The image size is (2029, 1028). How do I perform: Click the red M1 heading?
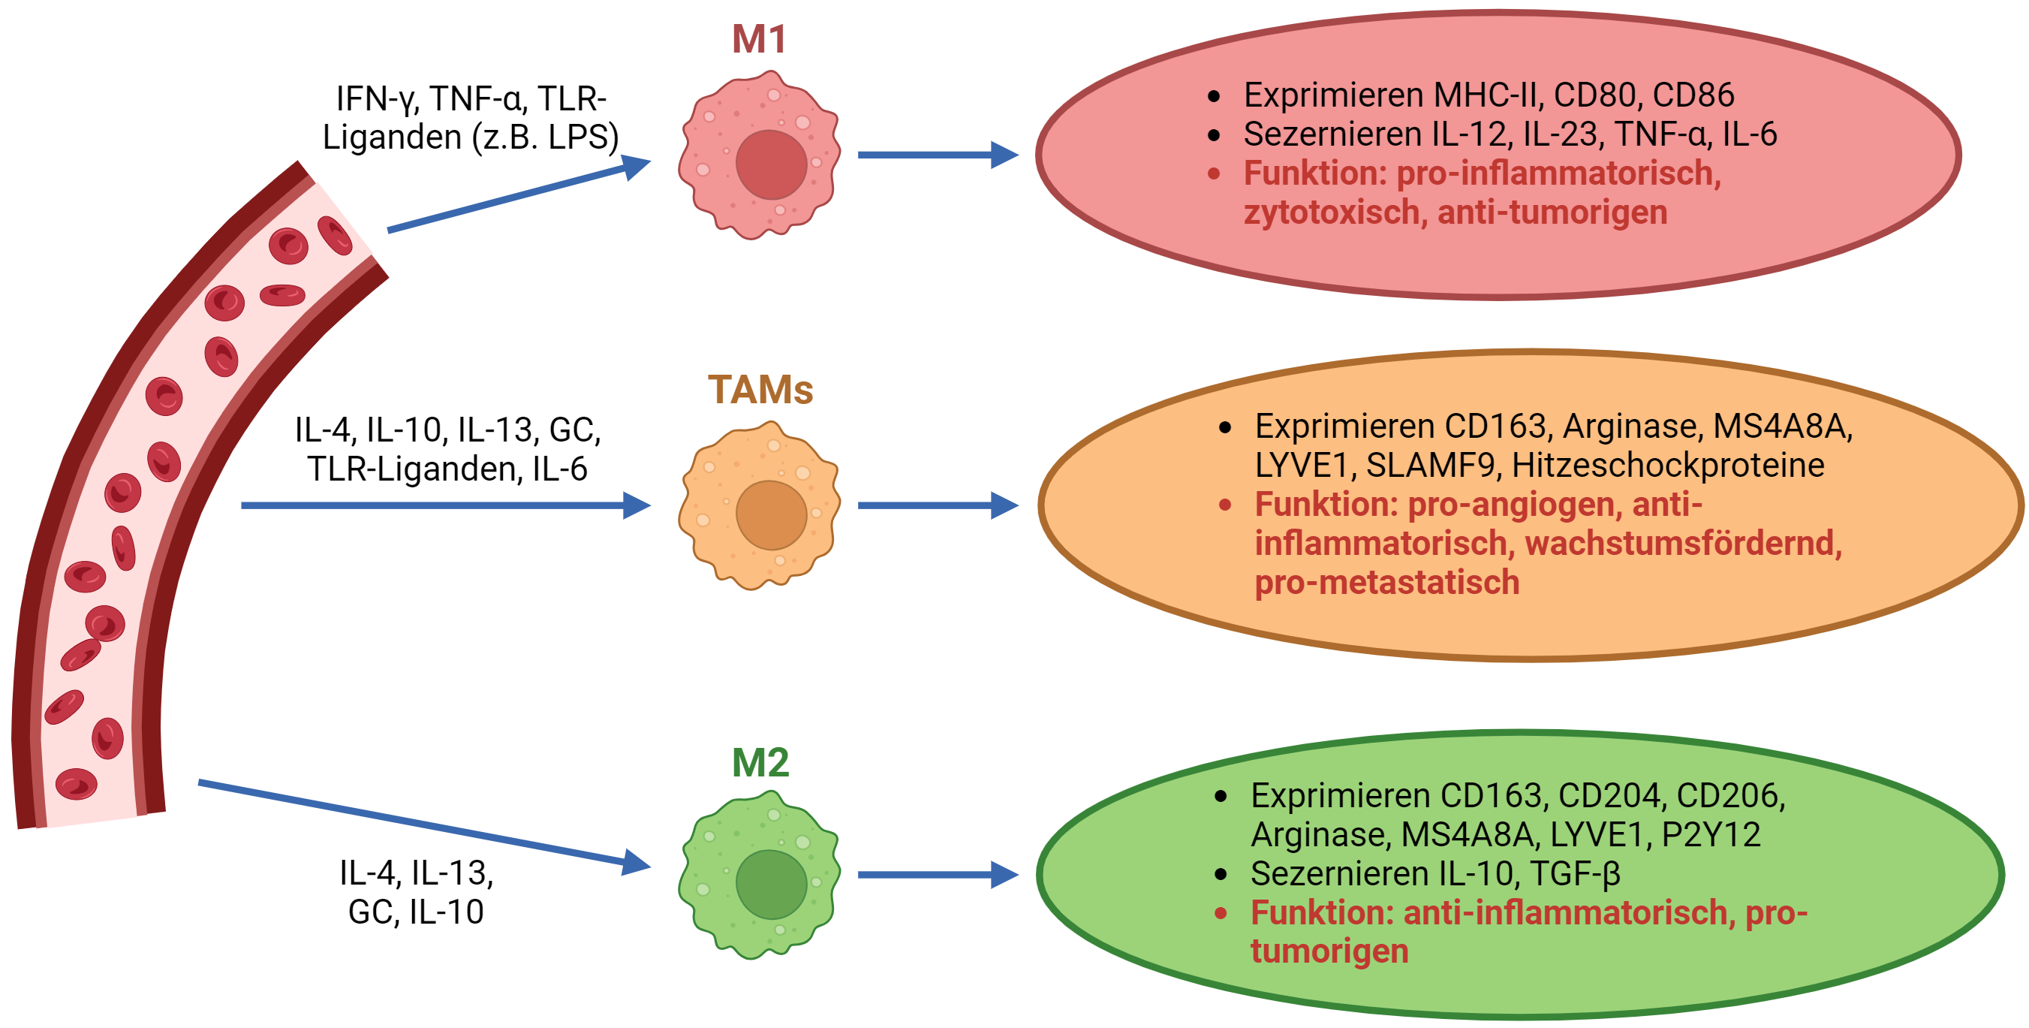pyautogui.click(x=760, y=38)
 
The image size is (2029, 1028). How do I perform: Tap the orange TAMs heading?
pyautogui.click(x=760, y=389)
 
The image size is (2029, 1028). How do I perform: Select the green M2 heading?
pyautogui.click(x=760, y=762)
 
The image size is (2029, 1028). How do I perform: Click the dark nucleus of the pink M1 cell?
pyautogui.click(x=771, y=164)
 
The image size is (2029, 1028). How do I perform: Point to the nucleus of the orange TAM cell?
pyautogui.click(x=771, y=515)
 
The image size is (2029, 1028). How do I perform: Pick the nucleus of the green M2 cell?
pyautogui.click(x=771, y=885)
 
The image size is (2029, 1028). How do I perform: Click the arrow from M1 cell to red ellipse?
pyautogui.click(x=938, y=155)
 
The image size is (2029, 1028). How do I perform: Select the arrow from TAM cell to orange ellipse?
pyautogui.click(x=938, y=505)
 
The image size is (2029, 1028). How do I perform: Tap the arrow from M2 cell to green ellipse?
pyautogui.click(x=938, y=875)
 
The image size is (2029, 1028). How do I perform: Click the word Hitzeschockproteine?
pyautogui.click(x=1668, y=466)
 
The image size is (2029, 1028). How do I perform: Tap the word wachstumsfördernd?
pyautogui.click(x=1684, y=544)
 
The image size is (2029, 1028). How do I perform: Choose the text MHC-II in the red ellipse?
pyautogui.click(x=1489, y=95)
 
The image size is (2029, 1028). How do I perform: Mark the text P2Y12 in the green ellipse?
pyautogui.click(x=1711, y=835)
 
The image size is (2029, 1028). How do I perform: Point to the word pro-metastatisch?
pyautogui.click(x=1387, y=583)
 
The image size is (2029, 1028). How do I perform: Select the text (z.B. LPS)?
pyautogui.click(x=545, y=138)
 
